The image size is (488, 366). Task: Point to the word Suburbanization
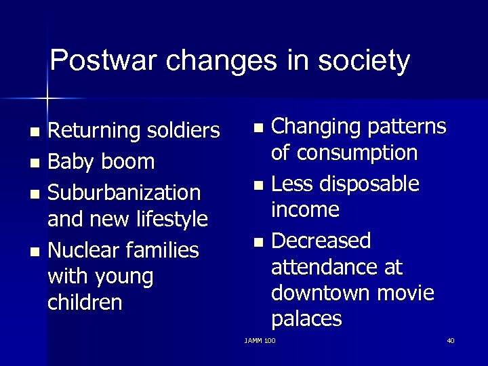click(124, 193)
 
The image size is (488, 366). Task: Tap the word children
click(85, 302)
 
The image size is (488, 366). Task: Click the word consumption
click(344, 153)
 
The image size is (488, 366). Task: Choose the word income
click(305, 209)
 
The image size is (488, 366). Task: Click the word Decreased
click(321, 241)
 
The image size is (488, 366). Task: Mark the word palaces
click(306, 319)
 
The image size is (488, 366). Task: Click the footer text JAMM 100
click(260, 340)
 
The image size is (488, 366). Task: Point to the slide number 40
click(451, 340)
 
